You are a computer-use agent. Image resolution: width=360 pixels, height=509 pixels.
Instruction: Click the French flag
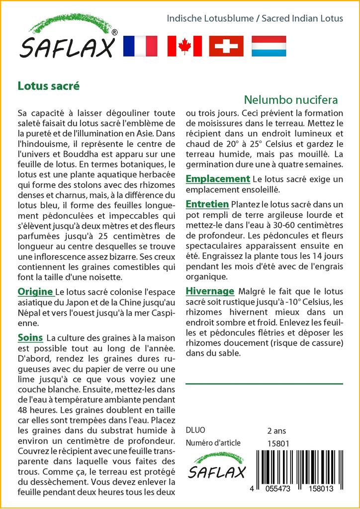(140, 46)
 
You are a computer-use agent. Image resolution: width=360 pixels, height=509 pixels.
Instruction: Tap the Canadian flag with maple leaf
(184, 46)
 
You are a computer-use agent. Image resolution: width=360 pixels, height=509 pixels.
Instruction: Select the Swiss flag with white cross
(226, 46)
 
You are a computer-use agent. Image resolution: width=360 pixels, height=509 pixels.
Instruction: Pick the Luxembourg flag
(269, 46)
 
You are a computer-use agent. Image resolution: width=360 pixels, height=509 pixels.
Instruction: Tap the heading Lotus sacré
(48, 85)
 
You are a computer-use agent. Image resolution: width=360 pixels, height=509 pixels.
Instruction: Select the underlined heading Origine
(35, 291)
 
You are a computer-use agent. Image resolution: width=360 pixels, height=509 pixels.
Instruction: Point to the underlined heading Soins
(30, 338)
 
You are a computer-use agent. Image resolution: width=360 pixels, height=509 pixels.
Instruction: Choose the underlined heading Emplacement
(217, 179)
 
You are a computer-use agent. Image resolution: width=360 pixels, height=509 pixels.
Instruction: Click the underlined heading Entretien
(207, 204)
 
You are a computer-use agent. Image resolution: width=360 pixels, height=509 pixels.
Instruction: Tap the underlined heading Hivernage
(209, 291)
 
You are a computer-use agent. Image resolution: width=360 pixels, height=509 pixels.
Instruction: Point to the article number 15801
(278, 443)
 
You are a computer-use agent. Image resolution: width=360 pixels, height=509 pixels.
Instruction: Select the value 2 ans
(277, 430)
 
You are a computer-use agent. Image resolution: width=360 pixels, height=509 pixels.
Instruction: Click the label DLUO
(195, 430)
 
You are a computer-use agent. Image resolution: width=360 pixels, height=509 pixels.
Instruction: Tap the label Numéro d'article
(213, 443)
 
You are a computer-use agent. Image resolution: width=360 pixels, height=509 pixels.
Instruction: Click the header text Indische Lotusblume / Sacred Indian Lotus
(255, 19)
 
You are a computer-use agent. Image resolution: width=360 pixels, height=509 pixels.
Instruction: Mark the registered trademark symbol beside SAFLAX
(115, 32)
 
